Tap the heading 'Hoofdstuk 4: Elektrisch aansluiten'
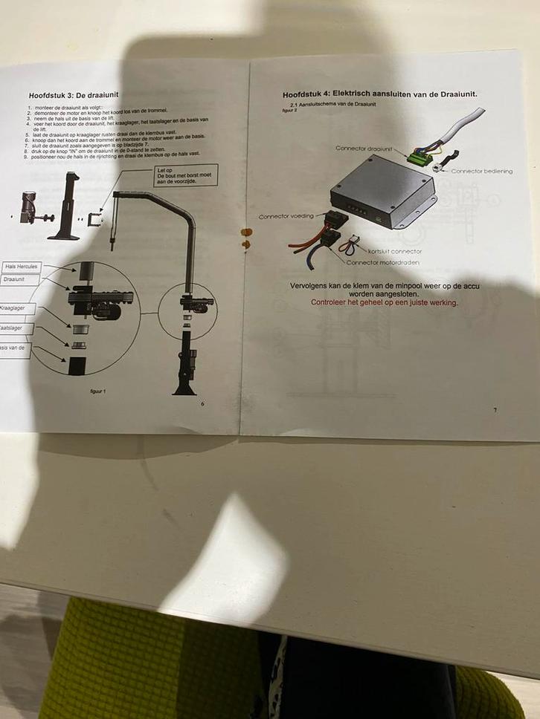pyautogui.click(x=379, y=94)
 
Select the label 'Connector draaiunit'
pyautogui.click(x=363, y=149)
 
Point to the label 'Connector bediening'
pyautogui.click(x=482, y=171)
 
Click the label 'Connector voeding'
pyautogui.click(x=286, y=216)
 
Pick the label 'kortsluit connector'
pyautogui.click(x=394, y=251)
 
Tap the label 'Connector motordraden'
pyautogui.click(x=384, y=262)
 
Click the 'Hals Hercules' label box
pyautogui.click(x=20, y=266)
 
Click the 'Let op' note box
pyautogui.click(x=185, y=175)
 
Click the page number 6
pyautogui.click(x=202, y=403)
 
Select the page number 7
pyautogui.click(x=495, y=410)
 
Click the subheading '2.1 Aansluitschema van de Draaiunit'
pyautogui.click(x=332, y=105)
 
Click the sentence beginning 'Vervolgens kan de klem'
pyautogui.click(x=384, y=289)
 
